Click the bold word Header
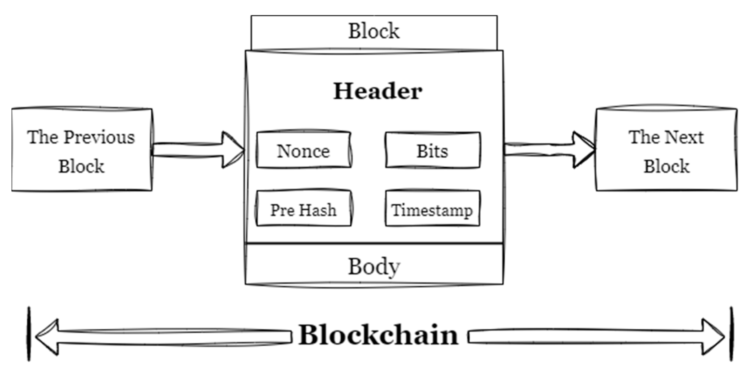pos(377,91)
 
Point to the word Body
pos(374,266)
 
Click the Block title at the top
pos(374,31)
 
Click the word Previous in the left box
pos(99,137)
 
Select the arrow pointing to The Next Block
pos(549,150)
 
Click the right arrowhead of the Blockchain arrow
pos(712,337)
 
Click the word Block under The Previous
pos(81,166)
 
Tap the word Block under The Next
pos(666,166)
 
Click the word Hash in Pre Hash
pos(318,210)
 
